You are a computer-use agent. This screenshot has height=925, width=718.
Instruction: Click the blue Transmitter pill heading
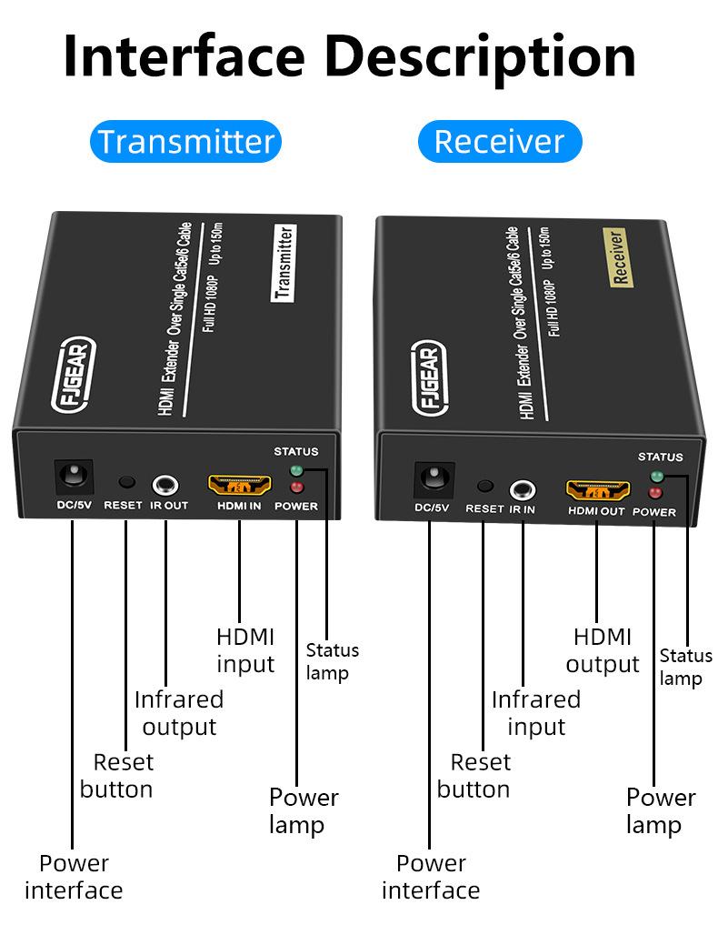click(185, 142)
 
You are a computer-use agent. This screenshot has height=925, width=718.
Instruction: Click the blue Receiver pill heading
click(499, 142)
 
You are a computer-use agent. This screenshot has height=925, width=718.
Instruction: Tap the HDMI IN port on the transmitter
click(240, 483)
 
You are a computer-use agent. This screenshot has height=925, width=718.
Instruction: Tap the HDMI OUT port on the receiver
click(597, 489)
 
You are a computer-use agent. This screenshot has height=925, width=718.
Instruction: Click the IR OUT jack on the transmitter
click(165, 484)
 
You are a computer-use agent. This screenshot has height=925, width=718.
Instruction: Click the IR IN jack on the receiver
click(523, 488)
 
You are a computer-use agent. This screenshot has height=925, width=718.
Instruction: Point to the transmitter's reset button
click(127, 482)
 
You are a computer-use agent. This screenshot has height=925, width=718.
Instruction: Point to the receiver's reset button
click(485, 487)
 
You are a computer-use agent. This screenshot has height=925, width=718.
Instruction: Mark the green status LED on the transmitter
click(295, 471)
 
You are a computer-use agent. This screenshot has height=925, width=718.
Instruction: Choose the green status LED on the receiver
click(656, 477)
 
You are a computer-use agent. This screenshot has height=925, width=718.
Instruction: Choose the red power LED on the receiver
click(654, 493)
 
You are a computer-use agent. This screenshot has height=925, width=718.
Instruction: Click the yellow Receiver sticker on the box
click(617, 257)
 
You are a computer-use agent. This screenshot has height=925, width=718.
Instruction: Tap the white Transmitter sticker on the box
click(284, 263)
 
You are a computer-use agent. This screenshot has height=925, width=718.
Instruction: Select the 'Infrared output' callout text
click(179, 713)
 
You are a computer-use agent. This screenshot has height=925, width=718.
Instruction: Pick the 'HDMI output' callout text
click(602, 650)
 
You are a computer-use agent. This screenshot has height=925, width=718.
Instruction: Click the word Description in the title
click(481, 56)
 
